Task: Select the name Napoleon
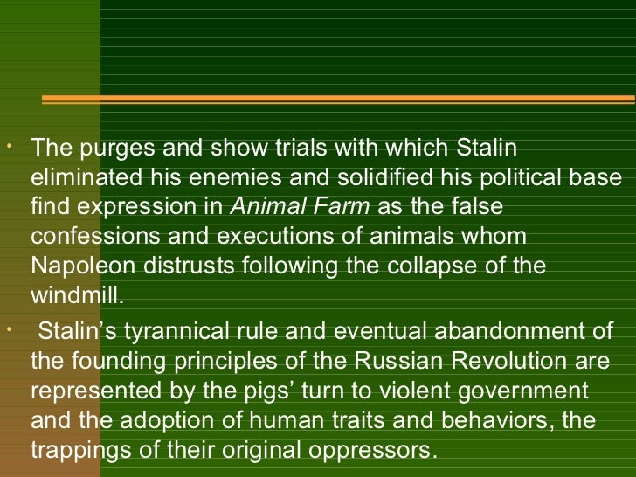pos(76,266)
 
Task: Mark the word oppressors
pos(369,450)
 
